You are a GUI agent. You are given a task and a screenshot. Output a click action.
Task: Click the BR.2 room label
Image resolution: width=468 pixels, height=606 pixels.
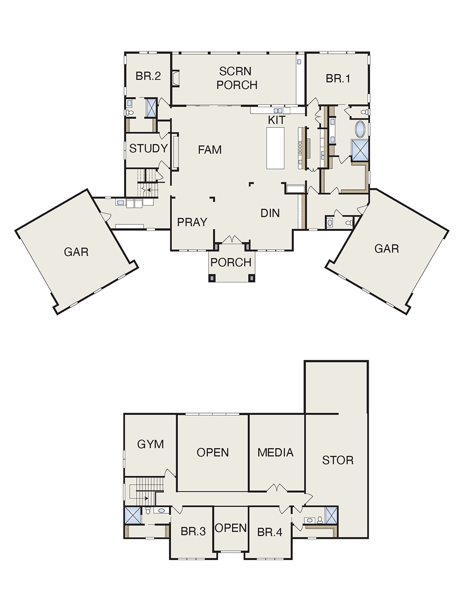coord(148,76)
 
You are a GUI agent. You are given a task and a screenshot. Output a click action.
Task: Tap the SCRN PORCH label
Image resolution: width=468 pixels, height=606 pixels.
coord(237,78)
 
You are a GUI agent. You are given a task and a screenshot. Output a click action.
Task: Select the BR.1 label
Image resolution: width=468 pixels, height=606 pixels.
coord(338,79)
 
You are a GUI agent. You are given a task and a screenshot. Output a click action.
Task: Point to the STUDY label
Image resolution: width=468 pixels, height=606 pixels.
coord(148,148)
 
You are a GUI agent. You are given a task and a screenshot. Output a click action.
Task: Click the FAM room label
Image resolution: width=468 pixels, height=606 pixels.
coord(210,150)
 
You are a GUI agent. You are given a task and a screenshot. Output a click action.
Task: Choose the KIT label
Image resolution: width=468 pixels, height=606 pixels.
coord(277,120)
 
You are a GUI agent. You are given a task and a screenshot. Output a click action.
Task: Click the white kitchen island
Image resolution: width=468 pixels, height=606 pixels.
coord(276,148)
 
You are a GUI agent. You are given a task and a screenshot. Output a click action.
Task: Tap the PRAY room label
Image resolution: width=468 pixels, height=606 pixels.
coord(192,222)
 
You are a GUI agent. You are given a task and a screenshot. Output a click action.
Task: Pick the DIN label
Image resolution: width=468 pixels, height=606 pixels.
coord(270,213)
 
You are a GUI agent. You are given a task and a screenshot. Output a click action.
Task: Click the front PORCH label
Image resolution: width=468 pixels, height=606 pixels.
coord(231,262)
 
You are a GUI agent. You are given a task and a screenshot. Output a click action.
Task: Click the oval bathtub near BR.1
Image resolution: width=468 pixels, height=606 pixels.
coord(360,129)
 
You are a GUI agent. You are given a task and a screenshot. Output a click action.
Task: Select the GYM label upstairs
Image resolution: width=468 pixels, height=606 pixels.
coord(150,444)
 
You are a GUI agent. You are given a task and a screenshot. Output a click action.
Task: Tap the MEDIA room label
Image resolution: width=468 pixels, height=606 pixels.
coord(275,452)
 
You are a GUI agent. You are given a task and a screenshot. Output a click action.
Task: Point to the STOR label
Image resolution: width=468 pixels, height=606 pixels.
coord(338,460)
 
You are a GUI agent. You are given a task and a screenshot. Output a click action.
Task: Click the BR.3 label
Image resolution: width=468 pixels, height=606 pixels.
coord(193,532)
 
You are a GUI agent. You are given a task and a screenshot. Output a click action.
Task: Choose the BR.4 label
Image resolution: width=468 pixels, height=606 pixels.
coord(270,532)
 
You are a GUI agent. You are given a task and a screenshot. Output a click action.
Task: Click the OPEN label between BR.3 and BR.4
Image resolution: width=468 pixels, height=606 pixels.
coord(231,528)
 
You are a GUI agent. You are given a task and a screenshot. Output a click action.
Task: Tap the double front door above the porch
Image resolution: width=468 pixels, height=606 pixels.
coord(232,239)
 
